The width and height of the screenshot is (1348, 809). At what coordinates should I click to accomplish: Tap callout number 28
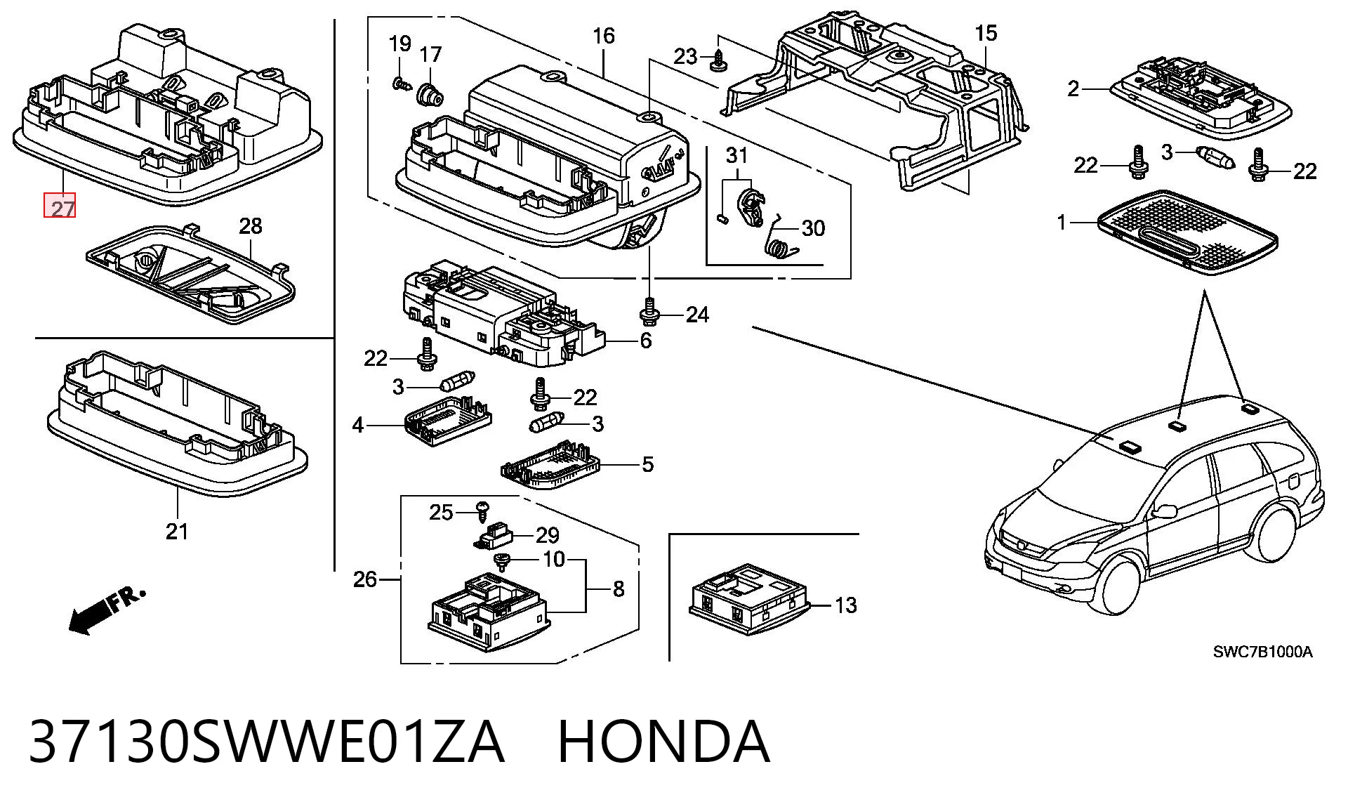pyautogui.click(x=251, y=225)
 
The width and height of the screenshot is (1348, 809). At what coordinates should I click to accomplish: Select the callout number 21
pyautogui.click(x=177, y=531)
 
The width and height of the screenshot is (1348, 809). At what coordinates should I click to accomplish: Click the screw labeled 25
pyautogui.click(x=483, y=511)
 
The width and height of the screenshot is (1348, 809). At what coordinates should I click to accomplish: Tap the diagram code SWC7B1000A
pyautogui.click(x=1262, y=652)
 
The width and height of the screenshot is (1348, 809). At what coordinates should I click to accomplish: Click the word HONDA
pyautogui.click(x=664, y=742)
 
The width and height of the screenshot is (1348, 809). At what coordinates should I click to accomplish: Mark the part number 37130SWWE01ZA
pyautogui.click(x=266, y=742)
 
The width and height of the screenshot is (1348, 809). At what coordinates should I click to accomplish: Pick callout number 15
pyautogui.click(x=986, y=33)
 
